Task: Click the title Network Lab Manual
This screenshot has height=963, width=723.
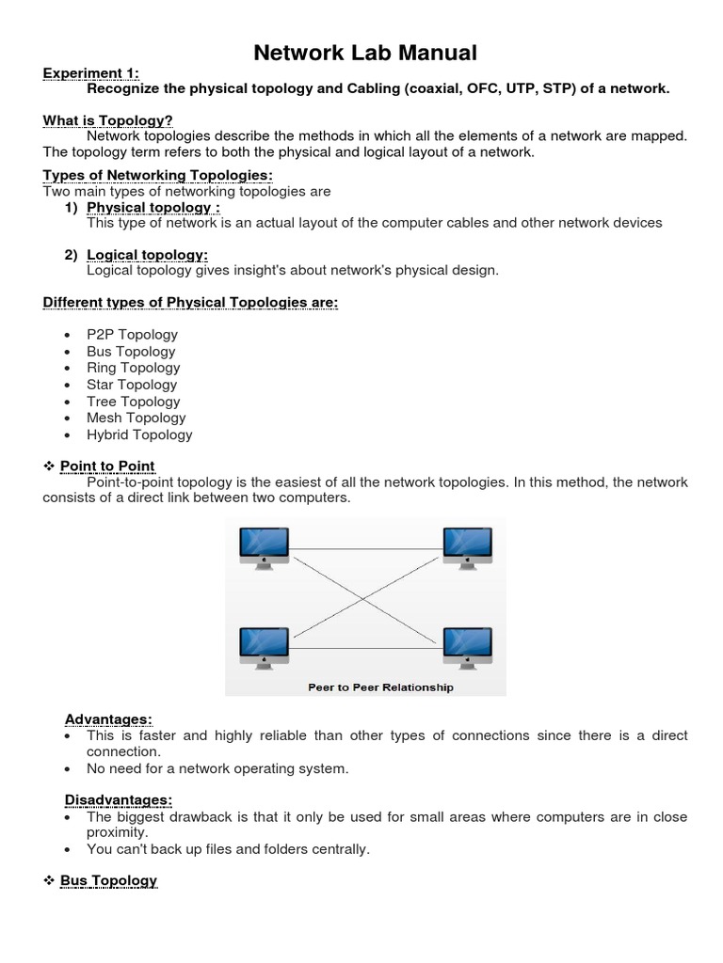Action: [x=365, y=53]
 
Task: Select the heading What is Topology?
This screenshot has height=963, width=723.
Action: [x=108, y=119]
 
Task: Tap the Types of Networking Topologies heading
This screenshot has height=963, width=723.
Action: [x=158, y=175]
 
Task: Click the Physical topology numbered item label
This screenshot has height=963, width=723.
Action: [x=153, y=207]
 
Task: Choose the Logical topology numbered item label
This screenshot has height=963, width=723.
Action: [x=147, y=255]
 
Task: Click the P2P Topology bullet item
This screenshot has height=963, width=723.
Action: [x=132, y=335]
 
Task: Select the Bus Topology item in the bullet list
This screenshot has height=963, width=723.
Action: [x=131, y=352]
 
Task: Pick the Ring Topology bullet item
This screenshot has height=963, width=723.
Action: [x=133, y=368]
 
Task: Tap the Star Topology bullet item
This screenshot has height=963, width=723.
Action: [x=132, y=385]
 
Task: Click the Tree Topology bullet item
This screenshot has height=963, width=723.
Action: [x=133, y=402]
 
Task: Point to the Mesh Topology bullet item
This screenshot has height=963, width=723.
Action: [x=136, y=418]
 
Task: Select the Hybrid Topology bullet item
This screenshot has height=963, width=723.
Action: [x=139, y=434]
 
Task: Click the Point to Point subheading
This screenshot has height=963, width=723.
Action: [x=107, y=466]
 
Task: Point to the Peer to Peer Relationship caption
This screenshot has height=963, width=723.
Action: [x=380, y=687]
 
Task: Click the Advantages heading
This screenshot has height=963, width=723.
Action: [x=108, y=719]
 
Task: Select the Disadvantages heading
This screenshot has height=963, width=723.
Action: [x=119, y=800]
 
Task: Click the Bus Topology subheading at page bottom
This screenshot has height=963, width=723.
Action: [x=108, y=881]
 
